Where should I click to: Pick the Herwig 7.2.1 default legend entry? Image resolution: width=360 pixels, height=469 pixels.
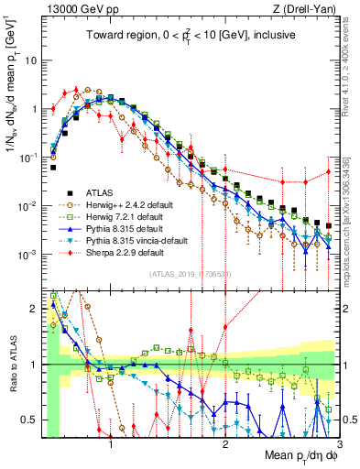(x=118, y=215)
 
